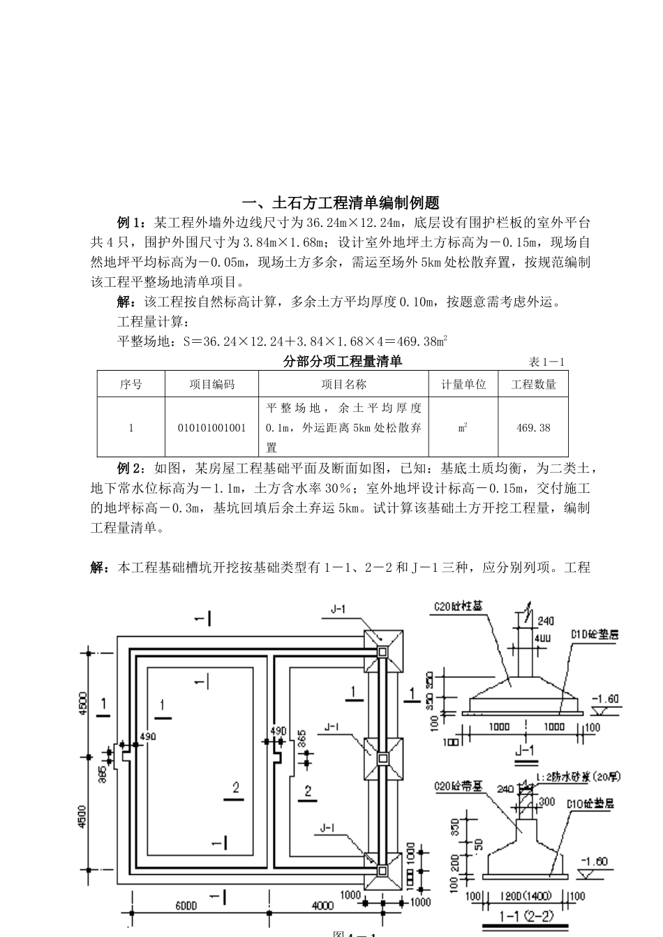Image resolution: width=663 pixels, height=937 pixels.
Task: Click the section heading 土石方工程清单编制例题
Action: (341, 203)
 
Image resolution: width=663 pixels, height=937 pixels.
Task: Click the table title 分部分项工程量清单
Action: (343, 361)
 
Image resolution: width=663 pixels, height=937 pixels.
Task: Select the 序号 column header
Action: (131, 384)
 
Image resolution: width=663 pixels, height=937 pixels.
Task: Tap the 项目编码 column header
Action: (211, 384)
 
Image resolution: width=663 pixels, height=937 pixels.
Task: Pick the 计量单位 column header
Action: (463, 384)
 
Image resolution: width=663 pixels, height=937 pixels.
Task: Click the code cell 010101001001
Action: (211, 427)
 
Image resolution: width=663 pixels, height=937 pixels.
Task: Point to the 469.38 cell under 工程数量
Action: (533, 427)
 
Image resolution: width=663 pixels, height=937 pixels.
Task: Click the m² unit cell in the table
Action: (463, 427)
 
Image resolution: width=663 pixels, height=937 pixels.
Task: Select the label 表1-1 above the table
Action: (546, 362)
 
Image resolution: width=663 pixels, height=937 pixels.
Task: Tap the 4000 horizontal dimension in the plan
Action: (322, 906)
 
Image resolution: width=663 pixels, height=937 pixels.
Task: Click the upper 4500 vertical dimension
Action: (83, 704)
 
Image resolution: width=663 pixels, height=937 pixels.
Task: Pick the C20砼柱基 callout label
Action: (458, 607)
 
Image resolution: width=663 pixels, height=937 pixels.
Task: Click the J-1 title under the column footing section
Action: (523, 751)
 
